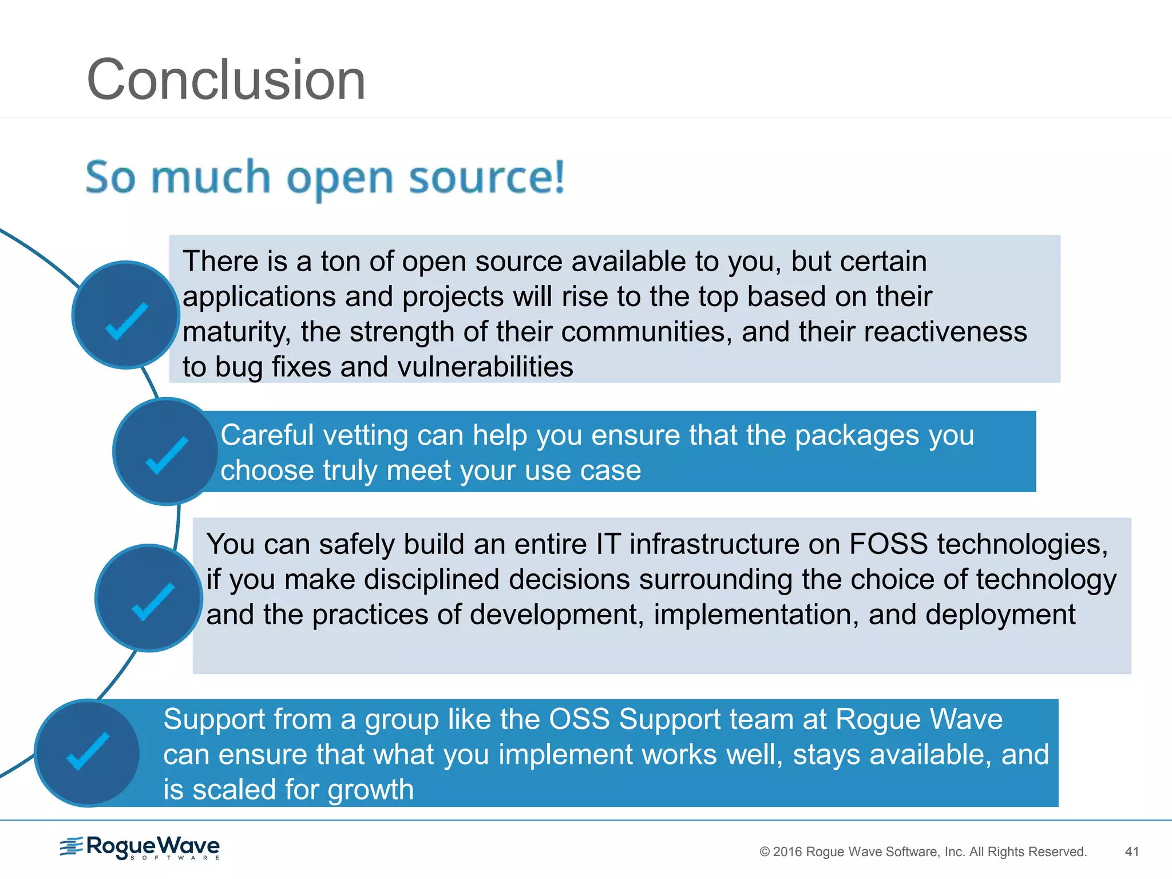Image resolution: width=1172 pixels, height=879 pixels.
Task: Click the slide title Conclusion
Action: [x=226, y=80]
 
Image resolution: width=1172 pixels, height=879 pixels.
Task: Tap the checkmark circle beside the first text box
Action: [x=126, y=315]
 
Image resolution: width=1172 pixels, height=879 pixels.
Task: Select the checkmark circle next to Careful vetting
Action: [x=166, y=452]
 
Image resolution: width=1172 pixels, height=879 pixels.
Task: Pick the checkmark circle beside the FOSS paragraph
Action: [x=149, y=598]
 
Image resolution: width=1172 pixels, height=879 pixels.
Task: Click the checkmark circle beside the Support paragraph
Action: [x=87, y=753]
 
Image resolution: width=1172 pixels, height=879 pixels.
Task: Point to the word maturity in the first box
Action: [x=236, y=332]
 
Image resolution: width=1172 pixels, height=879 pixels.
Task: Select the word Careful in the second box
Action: [x=267, y=435]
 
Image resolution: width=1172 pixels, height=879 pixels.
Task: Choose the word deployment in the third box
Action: [x=1000, y=615]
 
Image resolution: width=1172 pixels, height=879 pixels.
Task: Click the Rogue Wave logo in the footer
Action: [x=140, y=847]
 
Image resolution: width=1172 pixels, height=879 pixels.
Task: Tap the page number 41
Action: [x=1131, y=852]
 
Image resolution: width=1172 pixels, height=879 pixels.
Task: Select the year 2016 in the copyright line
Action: [x=787, y=852]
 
